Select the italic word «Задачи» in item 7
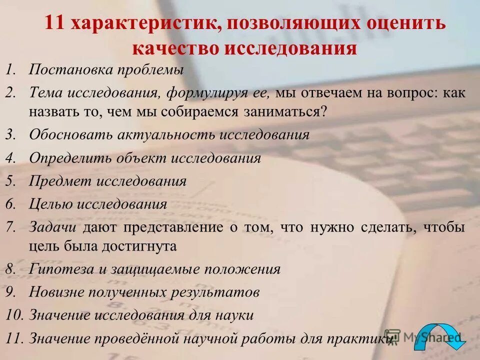[x=52, y=227]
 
